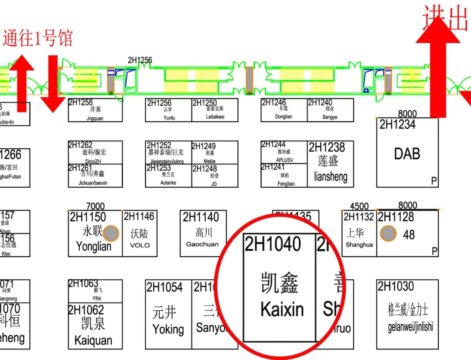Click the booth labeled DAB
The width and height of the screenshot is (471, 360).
(407, 154)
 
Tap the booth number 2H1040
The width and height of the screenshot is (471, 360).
(273, 244)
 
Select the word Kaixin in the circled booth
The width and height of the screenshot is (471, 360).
(282, 309)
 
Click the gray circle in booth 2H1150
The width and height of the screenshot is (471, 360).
(111, 233)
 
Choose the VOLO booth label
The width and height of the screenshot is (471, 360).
(140, 245)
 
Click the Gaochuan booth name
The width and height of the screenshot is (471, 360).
(202, 244)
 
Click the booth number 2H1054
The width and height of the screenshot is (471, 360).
(164, 287)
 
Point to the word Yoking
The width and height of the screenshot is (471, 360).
(168, 329)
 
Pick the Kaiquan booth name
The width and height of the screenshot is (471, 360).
(93, 340)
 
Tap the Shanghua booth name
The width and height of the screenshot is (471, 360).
(359, 245)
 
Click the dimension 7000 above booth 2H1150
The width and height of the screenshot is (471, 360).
(95, 206)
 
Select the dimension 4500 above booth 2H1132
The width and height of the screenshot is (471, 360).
(359, 206)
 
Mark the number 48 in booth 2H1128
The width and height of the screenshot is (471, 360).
(409, 235)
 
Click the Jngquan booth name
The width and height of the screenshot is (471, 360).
(95, 118)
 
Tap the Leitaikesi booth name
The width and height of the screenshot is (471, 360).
(215, 117)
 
